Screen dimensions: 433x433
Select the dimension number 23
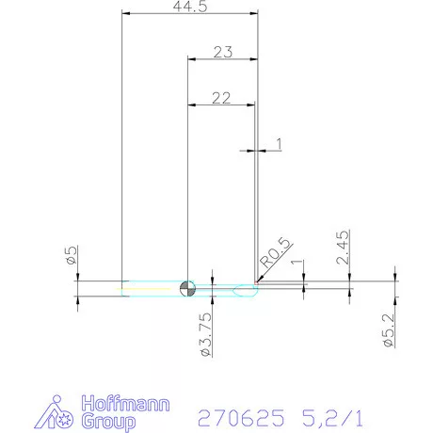coord(222,53)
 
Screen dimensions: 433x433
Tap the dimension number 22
coord(221,97)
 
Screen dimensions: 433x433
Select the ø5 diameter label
coord(72,257)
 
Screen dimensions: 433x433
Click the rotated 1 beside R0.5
coord(297,266)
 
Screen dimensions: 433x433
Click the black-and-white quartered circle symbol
coord(188,287)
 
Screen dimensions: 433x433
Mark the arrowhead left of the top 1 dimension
coord(249,149)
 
